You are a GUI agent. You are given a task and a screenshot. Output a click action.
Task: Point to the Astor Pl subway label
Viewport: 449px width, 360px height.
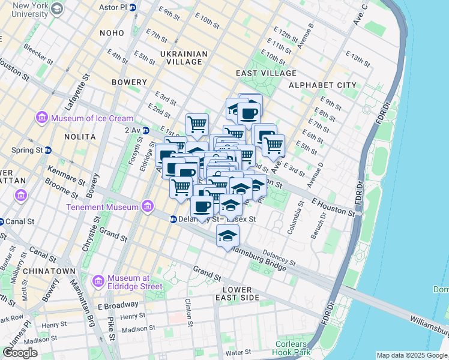click(118, 7)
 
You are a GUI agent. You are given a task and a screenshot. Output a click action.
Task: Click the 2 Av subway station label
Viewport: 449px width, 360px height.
click(132, 130)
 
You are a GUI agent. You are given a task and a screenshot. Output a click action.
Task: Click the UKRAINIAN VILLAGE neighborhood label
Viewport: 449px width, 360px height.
click(184, 59)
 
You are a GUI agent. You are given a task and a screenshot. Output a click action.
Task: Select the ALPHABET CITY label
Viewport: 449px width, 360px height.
click(322, 85)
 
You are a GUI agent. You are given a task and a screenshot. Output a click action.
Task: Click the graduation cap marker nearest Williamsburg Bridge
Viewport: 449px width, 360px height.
click(228, 236)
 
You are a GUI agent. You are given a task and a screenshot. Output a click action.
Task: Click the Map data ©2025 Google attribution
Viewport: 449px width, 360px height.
click(412, 355)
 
